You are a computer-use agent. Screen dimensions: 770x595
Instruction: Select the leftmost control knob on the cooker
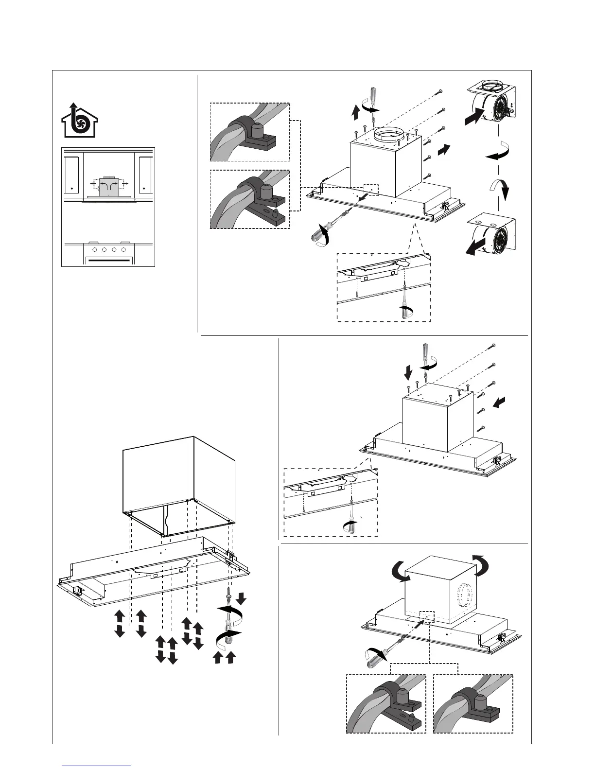[95, 250]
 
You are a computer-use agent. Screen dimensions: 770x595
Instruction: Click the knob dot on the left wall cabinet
[72, 188]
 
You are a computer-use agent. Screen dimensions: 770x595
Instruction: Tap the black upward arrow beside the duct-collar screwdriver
[355, 113]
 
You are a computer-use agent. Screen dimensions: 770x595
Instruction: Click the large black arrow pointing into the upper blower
[474, 117]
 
